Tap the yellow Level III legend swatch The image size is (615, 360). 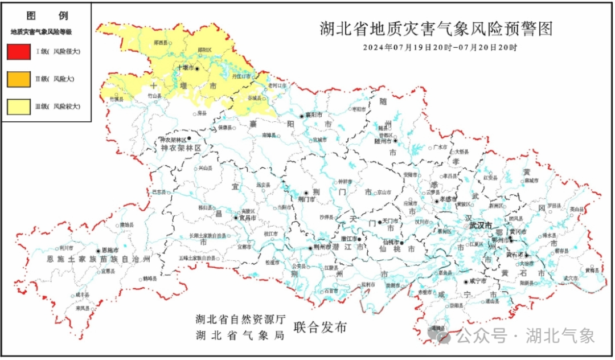19,106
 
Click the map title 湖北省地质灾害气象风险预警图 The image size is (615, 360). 436,28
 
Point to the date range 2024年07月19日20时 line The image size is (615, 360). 440,47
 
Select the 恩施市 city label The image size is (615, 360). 109,250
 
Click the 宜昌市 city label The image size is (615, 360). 248,218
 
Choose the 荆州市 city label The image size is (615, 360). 322,248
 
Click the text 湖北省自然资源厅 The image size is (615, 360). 240,320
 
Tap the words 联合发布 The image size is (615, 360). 320,328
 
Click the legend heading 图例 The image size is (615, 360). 46,15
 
